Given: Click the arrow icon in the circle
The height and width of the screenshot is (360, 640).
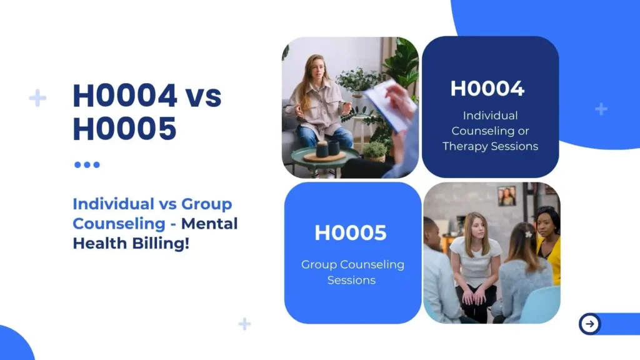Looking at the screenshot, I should click(x=589, y=324).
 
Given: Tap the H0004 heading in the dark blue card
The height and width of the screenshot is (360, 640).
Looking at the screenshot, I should click(x=487, y=88).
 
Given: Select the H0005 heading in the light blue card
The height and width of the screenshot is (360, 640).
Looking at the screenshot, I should click(x=351, y=232).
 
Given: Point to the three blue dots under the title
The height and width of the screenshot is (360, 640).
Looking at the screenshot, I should click(x=87, y=165).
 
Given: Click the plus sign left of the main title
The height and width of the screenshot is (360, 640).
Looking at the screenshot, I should click(x=37, y=98).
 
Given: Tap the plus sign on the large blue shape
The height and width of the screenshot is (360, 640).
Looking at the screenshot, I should click(x=601, y=109).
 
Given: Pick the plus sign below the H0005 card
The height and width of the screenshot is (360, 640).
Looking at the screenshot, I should click(x=245, y=324).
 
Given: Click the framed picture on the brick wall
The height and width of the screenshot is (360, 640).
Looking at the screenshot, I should click(x=507, y=196).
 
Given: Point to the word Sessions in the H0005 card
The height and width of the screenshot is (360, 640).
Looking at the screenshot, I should click(x=351, y=280).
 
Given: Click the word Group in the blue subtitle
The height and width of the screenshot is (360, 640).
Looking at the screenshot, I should click(x=207, y=204).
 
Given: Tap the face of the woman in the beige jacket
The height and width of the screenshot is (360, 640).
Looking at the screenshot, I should click(x=317, y=68).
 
